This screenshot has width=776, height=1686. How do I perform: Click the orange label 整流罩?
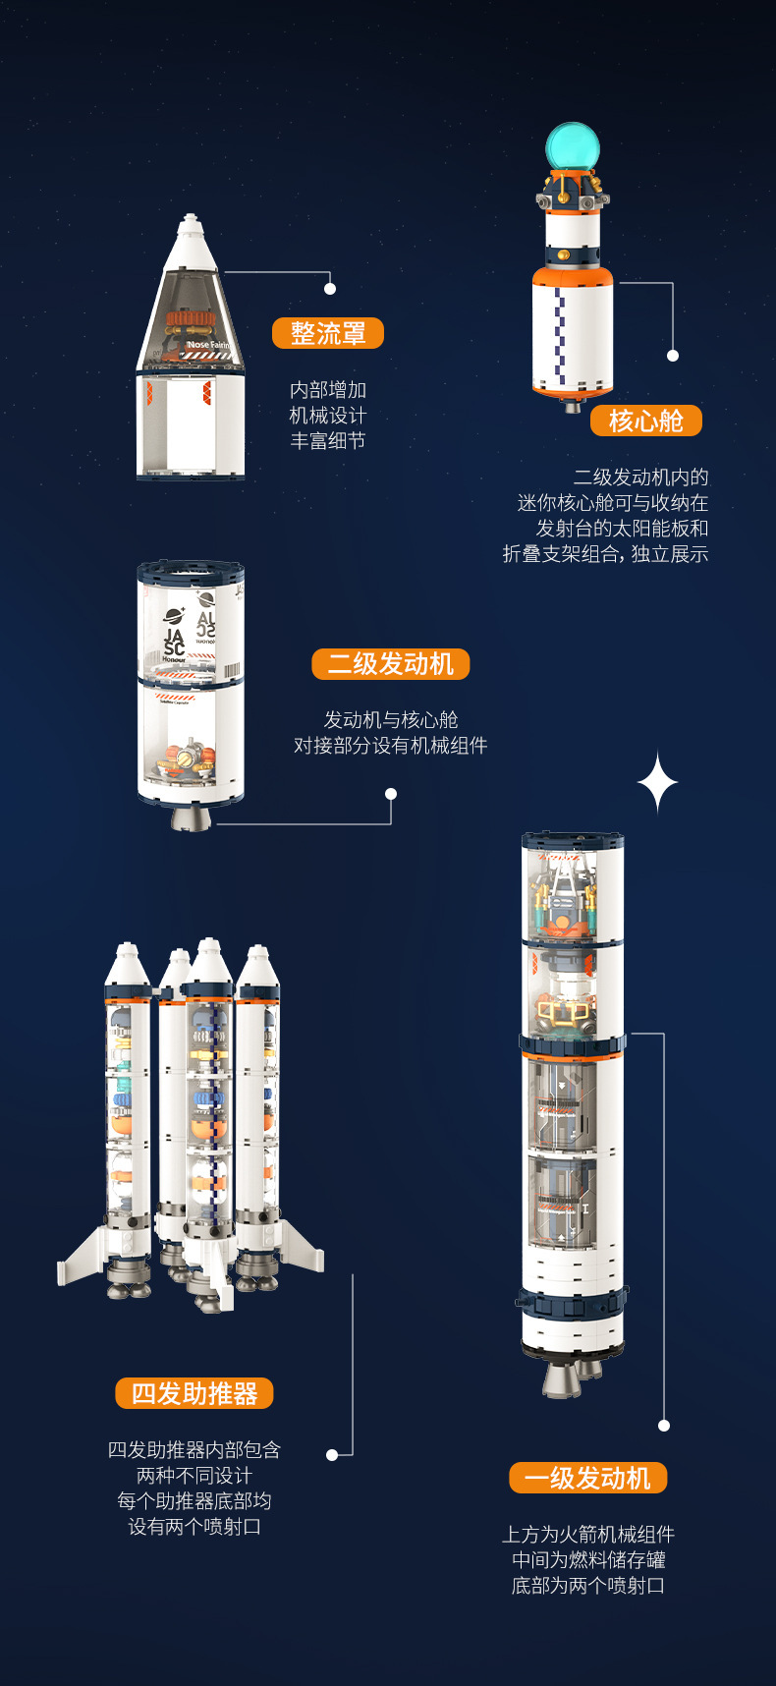327,333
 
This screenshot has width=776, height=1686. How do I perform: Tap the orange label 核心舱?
645,421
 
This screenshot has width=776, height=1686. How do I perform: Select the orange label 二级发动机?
390,664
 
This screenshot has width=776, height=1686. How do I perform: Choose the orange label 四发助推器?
194,1393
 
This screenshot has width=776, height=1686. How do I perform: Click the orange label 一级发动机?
587,1478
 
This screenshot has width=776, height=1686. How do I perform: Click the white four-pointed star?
657,783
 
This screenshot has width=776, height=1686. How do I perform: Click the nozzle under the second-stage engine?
192,817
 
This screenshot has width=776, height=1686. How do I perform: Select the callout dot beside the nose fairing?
330,289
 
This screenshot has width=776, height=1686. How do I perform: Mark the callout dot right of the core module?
673,356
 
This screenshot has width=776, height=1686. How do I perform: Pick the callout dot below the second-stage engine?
391,794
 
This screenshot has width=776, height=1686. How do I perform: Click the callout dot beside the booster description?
332,1454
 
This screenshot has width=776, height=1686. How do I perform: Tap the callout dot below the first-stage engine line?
664,1425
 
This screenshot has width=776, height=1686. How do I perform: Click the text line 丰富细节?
327,441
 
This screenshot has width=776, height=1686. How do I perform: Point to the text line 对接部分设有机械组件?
390,746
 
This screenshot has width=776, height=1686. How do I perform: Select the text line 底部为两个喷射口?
587,1586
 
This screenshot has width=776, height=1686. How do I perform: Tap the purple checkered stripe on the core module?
560,334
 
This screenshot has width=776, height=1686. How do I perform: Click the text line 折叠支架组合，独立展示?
605,554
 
